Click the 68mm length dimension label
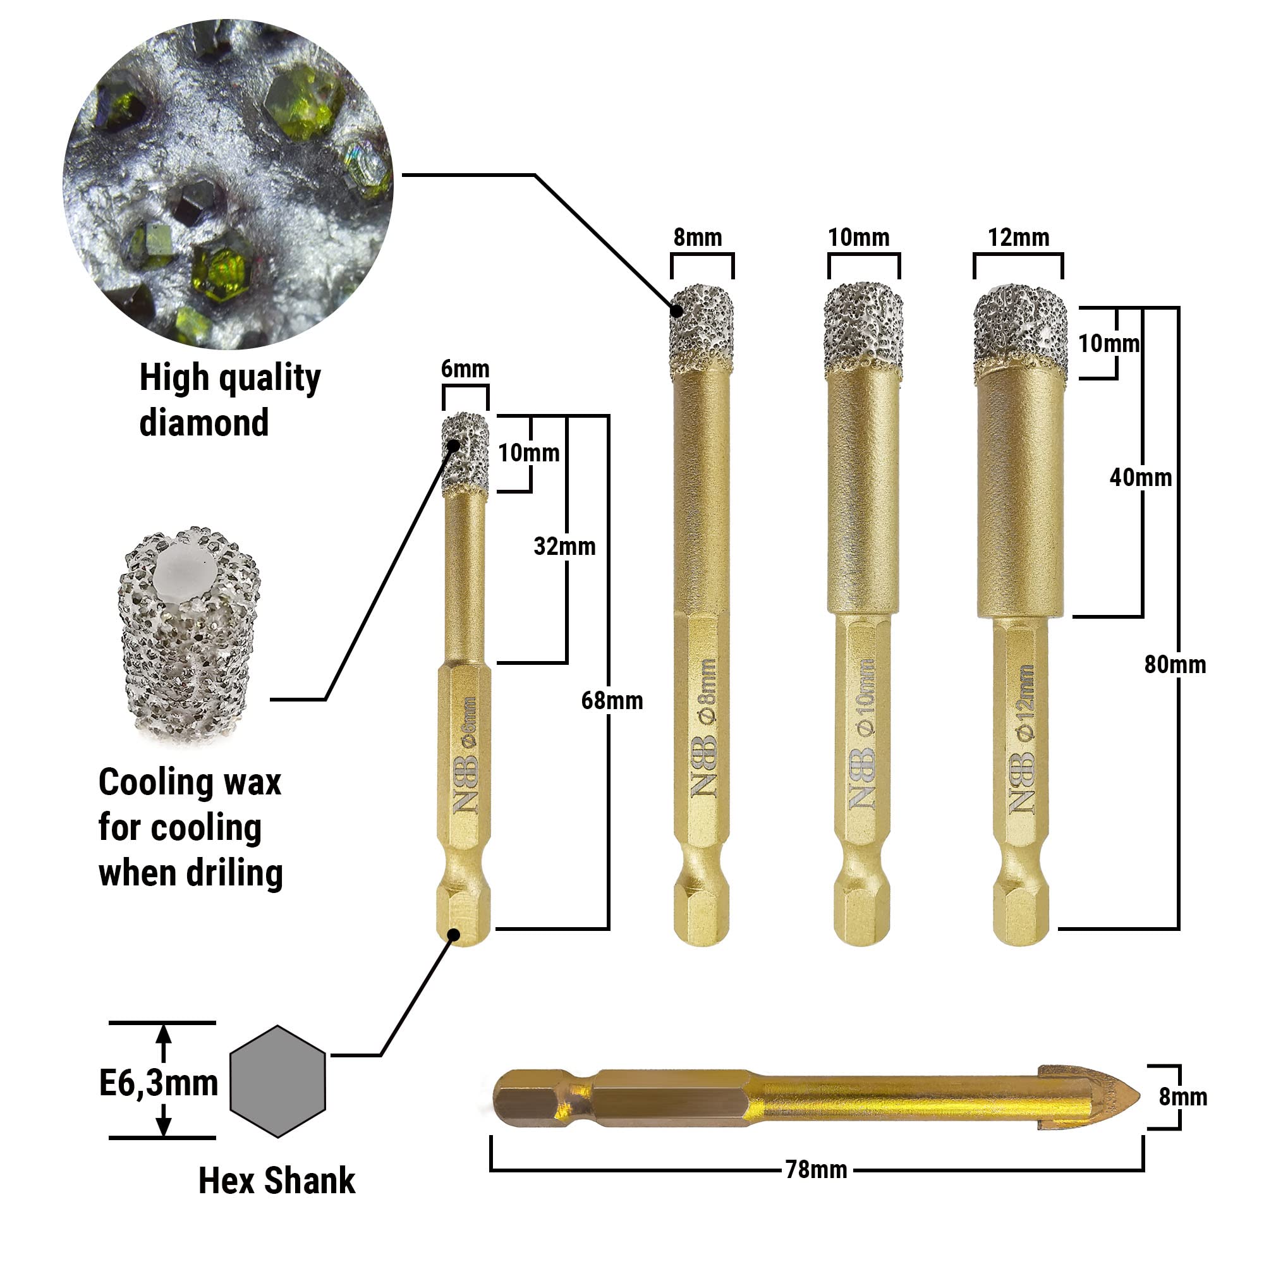(x=612, y=701)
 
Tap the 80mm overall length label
(x=1175, y=665)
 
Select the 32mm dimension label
(x=564, y=546)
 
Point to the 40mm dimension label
(x=1140, y=478)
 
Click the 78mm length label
(x=816, y=1169)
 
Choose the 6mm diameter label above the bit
(x=465, y=369)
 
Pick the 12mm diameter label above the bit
(x=1019, y=238)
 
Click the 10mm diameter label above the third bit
(x=859, y=238)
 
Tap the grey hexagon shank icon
(x=277, y=1081)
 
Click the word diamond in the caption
(x=204, y=423)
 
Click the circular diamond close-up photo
(x=228, y=185)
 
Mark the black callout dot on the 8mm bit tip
(x=677, y=311)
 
